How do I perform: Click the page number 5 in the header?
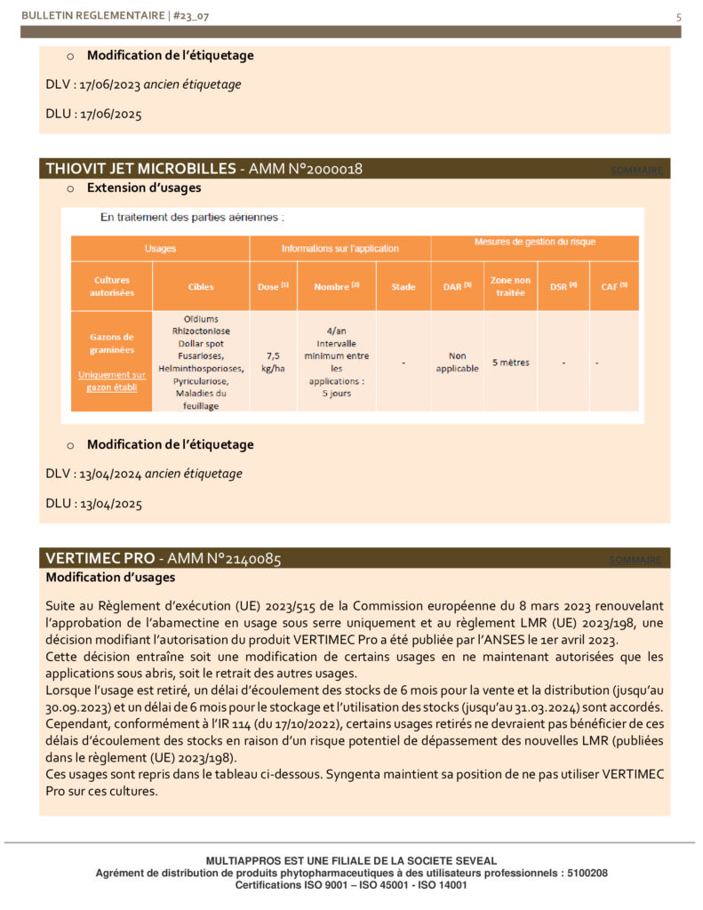679,16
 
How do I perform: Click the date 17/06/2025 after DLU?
111,114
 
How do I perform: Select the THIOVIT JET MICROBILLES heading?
140,169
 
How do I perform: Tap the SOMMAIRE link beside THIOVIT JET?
636,171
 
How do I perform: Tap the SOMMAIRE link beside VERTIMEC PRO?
636,560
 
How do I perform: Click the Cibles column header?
201,287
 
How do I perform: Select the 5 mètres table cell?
510,363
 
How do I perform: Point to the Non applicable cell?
458,362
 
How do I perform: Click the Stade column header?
403,287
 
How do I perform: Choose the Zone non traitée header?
510,286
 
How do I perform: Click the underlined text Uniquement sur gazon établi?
111,380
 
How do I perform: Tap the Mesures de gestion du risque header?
534,242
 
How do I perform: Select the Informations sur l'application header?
340,249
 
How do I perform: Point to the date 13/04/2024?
111,474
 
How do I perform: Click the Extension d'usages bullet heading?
144,188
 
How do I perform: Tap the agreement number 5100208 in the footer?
585,874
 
